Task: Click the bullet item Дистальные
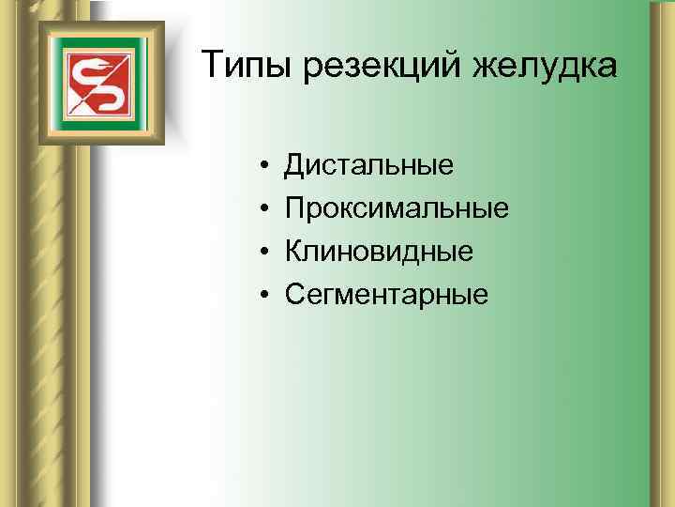pyautogui.click(x=369, y=165)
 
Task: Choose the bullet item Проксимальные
pyautogui.click(x=397, y=208)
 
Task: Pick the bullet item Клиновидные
pyautogui.click(x=379, y=252)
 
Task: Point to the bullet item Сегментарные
pyautogui.click(x=387, y=295)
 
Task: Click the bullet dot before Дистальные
pyautogui.click(x=266, y=167)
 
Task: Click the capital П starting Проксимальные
pyautogui.click(x=295, y=208)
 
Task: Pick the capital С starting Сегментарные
pyautogui.click(x=295, y=295)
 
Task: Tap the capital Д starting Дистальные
pyautogui.click(x=295, y=166)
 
